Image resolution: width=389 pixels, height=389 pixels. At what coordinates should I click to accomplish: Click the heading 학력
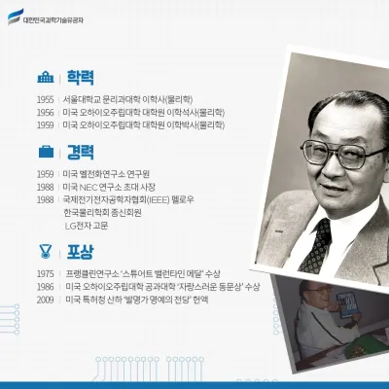80,77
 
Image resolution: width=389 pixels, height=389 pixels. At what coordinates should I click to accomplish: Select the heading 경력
80,152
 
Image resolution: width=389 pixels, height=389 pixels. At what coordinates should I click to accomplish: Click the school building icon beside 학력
46,77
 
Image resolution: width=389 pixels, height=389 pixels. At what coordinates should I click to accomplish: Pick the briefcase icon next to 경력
46,152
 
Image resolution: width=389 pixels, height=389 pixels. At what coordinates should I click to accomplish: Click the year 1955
45,99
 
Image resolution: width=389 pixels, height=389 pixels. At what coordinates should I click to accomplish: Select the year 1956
45,112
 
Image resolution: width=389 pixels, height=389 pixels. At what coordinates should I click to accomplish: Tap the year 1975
45,274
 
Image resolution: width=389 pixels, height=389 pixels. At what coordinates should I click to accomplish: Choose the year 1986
45,287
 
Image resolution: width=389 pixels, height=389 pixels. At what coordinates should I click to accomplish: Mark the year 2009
45,300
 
